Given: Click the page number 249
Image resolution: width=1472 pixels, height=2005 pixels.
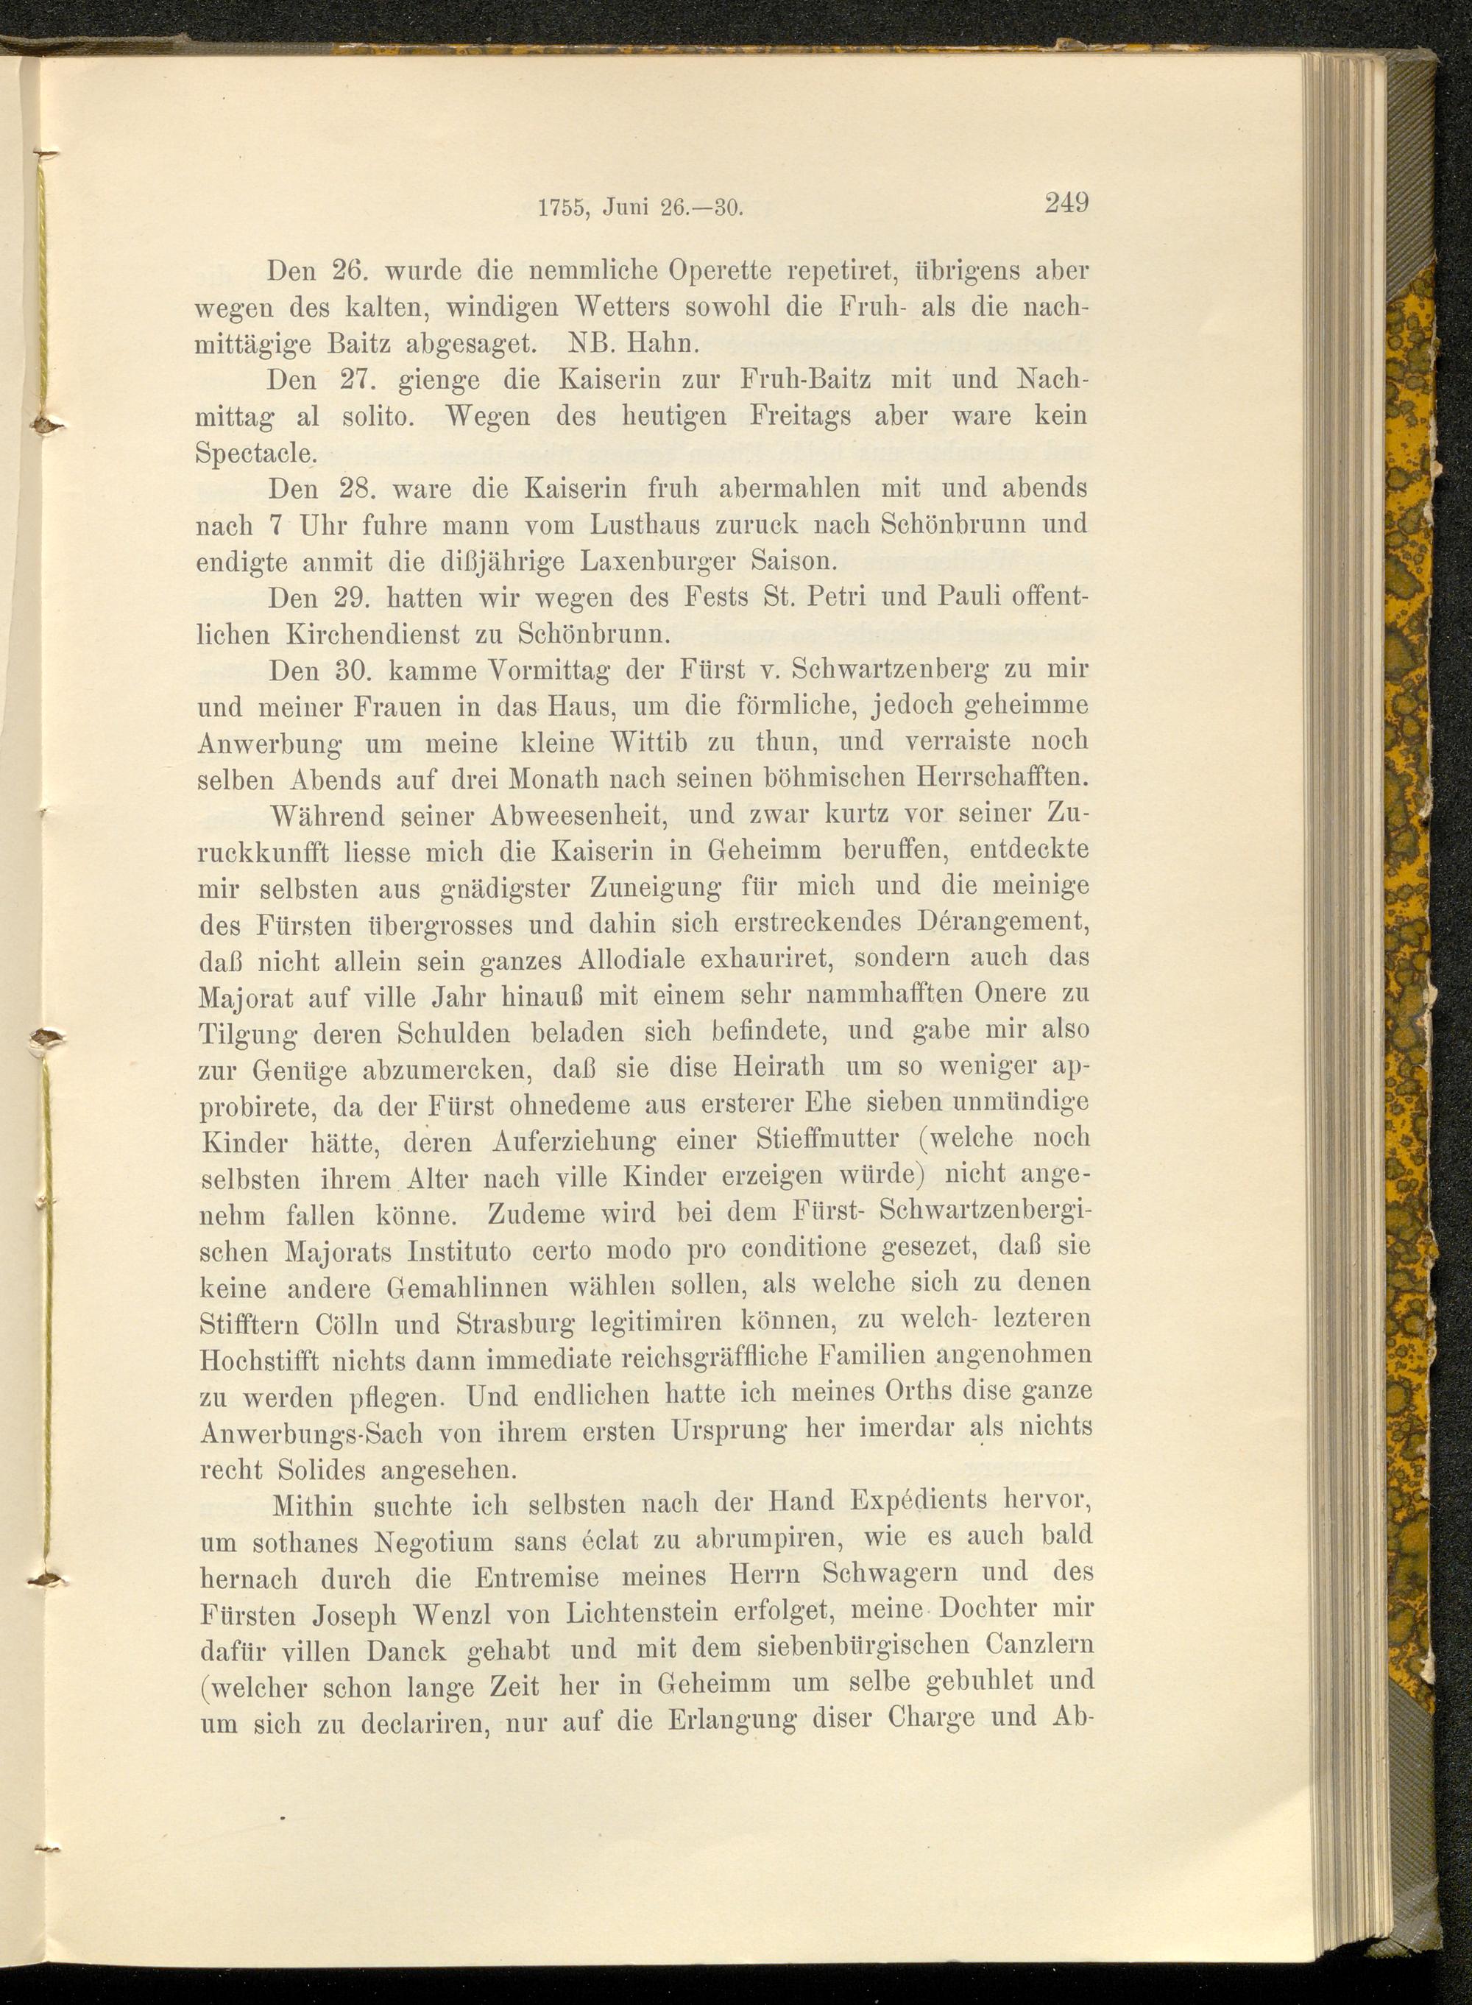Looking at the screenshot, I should [1066, 202].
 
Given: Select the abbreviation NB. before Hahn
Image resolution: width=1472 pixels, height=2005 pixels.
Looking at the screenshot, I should [588, 343].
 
